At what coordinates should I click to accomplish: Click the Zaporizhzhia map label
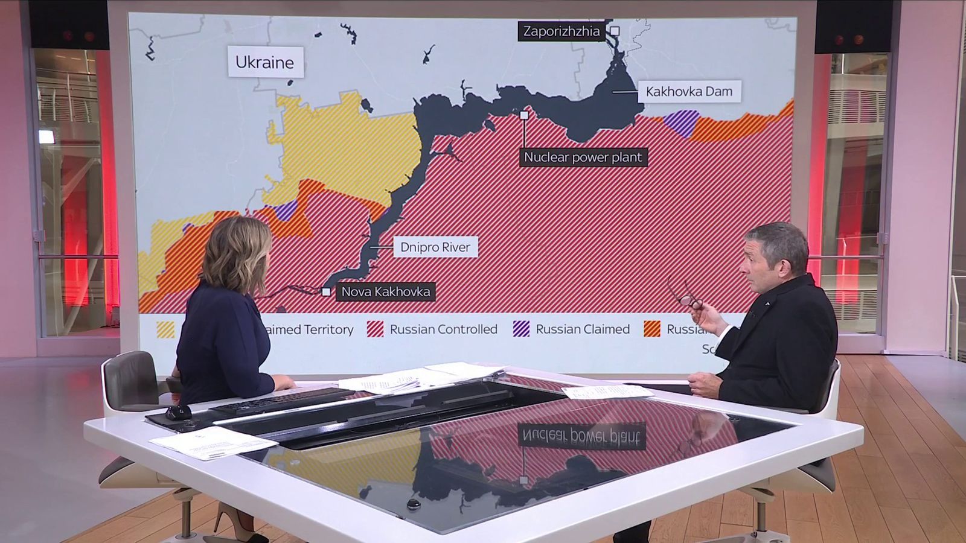(561, 31)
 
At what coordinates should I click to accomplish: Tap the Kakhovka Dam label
(689, 92)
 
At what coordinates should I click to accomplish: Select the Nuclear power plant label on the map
(583, 157)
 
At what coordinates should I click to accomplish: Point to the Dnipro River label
(435, 247)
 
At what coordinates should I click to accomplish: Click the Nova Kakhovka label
(385, 292)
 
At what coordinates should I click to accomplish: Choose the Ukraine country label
(264, 62)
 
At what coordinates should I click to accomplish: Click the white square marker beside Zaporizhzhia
(615, 31)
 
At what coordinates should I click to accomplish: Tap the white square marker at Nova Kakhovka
(326, 292)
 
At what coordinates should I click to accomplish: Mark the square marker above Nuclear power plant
(524, 115)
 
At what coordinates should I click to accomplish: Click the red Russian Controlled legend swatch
(375, 329)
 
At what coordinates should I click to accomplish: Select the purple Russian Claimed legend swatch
(521, 329)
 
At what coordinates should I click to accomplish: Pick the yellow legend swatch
(165, 329)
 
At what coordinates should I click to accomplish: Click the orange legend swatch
(652, 329)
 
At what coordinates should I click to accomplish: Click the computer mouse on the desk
(179, 413)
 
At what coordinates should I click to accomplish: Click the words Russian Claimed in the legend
(583, 329)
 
